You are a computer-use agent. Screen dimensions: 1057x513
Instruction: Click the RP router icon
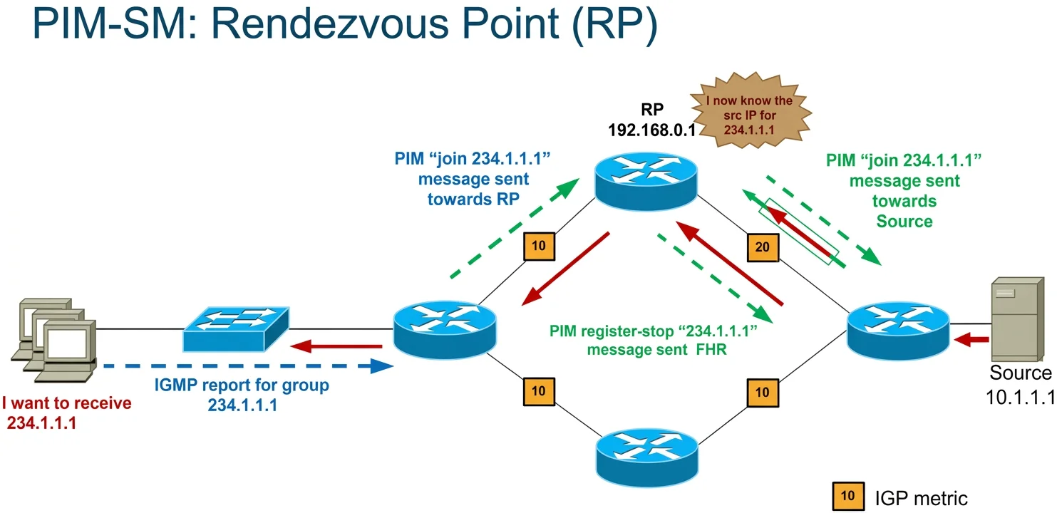click(x=646, y=181)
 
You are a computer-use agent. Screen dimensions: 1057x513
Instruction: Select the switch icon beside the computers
click(x=236, y=329)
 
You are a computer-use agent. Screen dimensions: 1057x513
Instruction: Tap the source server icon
click(x=1017, y=319)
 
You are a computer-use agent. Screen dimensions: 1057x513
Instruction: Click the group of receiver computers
click(x=53, y=340)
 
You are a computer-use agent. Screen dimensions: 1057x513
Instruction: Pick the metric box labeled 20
click(x=763, y=247)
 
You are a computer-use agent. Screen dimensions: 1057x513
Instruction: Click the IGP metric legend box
click(x=848, y=496)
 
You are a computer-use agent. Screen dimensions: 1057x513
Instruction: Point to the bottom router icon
click(x=647, y=457)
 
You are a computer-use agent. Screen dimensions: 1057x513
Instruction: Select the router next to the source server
click(x=898, y=331)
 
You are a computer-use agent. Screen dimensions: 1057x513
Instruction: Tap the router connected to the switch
click(x=445, y=330)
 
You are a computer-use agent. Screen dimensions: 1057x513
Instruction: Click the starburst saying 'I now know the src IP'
click(x=751, y=111)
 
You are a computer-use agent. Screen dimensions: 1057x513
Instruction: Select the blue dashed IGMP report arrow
click(x=248, y=366)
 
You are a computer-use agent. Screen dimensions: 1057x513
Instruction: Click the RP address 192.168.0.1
click(x=651, y=130)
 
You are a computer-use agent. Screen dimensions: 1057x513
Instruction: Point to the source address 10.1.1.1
click(x=1020, y=397)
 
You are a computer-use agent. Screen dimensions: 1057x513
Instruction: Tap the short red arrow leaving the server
click(x=971, y=339)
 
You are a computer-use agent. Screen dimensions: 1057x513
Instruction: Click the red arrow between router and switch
click(x=336, y=346)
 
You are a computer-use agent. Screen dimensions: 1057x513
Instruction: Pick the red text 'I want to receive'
click(x=66, y=403)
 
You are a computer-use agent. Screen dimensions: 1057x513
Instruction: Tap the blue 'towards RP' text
click(x=473, y=199)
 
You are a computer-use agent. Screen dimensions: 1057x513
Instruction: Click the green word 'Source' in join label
click(x=904, y=221)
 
